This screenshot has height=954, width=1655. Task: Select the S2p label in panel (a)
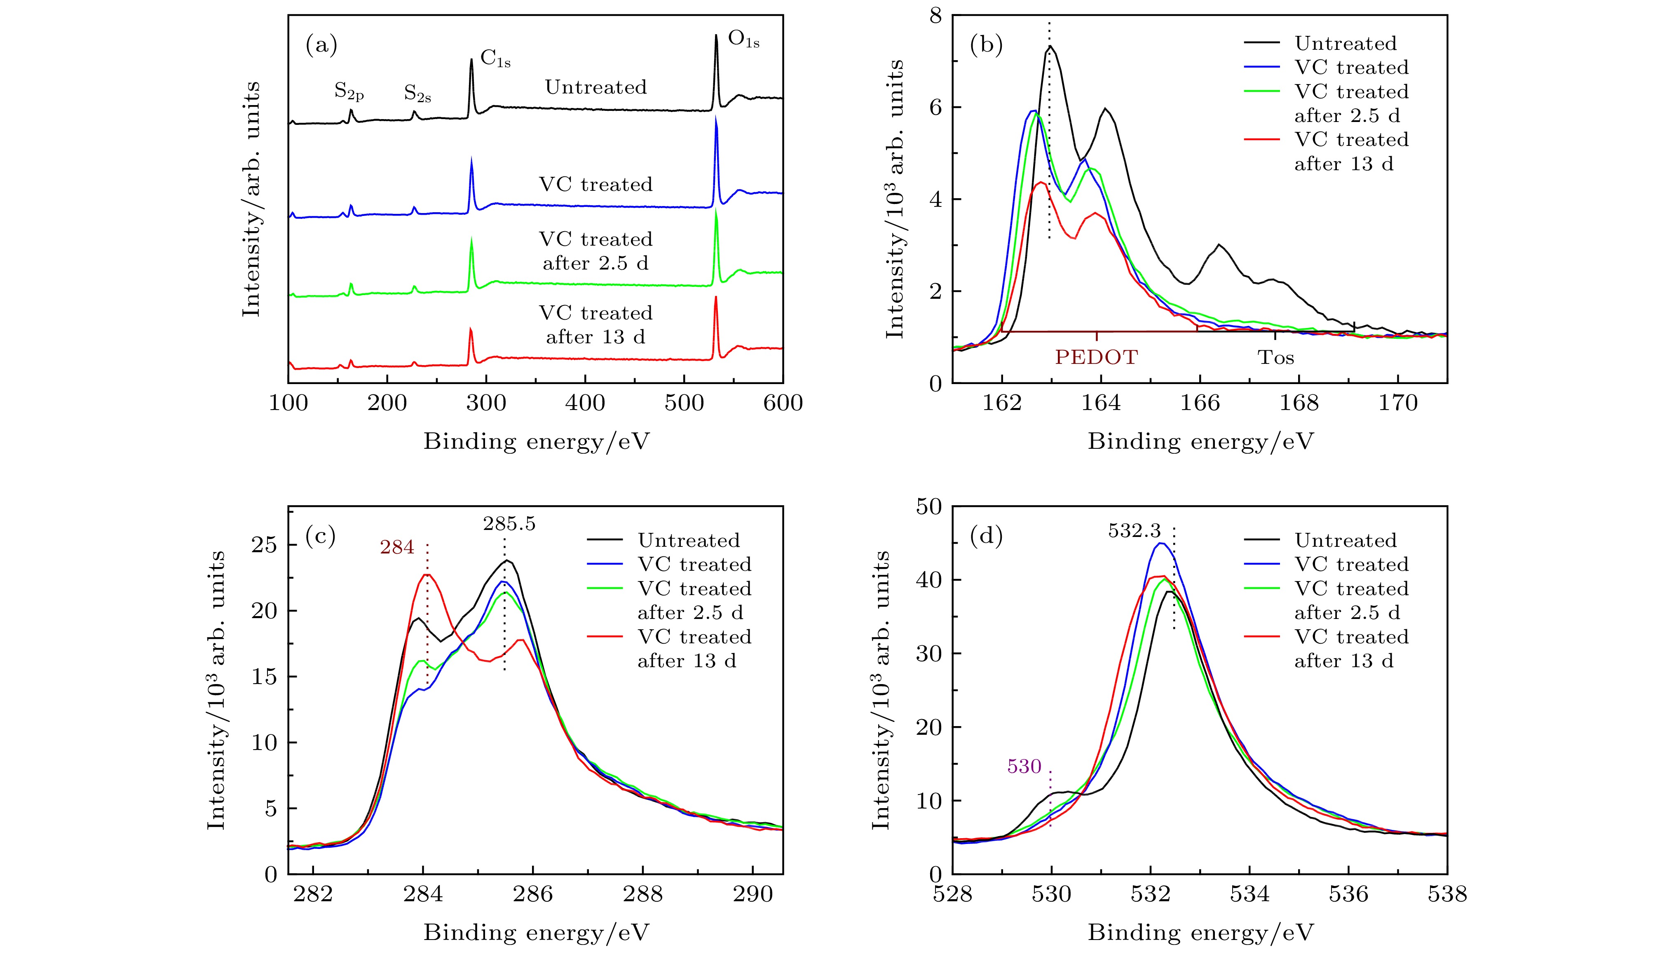point(349,92)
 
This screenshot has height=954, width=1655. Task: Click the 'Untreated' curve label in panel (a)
point(595,87)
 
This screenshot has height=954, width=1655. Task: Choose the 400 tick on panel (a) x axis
point(585,402)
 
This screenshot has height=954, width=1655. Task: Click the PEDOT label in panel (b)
point(1096,357)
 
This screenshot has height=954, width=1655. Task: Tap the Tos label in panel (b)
point(1275,357)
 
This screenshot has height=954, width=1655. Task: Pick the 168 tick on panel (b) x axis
point(1299,402)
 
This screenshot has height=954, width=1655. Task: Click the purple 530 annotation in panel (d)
point(1024,766)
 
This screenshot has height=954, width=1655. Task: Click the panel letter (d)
point(986,537)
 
